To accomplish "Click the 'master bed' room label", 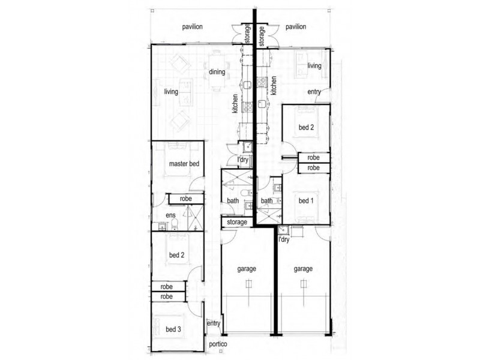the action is (184, 164).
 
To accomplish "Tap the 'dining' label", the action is (217, 72).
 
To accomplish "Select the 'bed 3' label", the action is (173, 329).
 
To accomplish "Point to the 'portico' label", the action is (218, 344).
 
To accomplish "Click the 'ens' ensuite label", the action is (170, 215).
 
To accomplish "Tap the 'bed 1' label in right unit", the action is (306, 201).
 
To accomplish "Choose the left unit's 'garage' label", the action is (247, 269).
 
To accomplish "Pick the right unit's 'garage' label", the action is (303, 269).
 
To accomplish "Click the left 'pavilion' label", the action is (192, 27).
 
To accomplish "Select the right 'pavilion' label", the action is (296, 27).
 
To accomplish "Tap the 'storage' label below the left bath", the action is (237, 222).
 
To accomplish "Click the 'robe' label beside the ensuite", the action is (186, 199).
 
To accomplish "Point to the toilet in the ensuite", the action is (175, 224).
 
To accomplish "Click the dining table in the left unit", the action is (217, 71).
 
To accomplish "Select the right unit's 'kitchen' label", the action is (274, 85).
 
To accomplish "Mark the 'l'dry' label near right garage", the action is (284, 239).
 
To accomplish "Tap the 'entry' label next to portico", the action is (214, 323).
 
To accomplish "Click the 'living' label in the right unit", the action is (314, 65).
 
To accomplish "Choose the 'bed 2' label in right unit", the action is (306, 127).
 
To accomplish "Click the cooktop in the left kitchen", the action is (248, 107).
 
